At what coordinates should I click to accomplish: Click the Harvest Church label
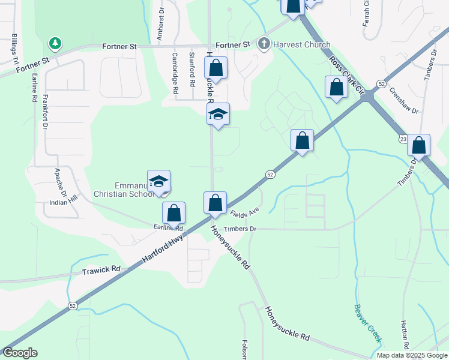click(x=301, y=44)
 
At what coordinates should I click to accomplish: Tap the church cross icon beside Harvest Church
click(x=264, y=44)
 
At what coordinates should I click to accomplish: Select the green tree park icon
click(x=55, y=43)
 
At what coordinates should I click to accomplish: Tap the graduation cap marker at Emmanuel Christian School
click(x=158, y=182)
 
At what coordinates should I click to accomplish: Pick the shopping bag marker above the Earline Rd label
click(x=173, y=213)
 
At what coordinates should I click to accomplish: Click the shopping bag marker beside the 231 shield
click(x=418, y=146)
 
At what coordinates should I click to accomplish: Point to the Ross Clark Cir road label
click(x=347, y=76)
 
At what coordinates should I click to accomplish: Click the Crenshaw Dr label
click(x=403, y=100)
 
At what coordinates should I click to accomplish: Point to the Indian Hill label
click(x=64, y=203)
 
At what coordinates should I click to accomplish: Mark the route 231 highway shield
click(x=403, y=139)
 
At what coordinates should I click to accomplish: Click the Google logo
click(x=20, y=353)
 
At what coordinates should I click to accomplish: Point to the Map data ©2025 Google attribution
click(x=411, y=355)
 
